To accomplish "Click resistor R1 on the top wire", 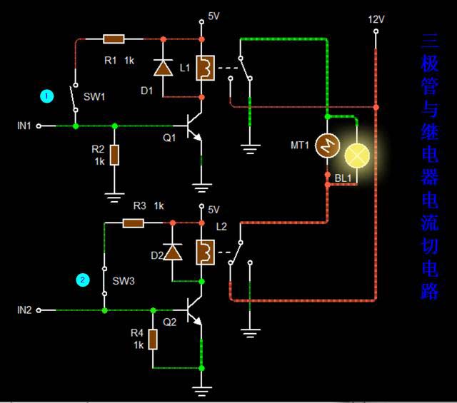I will click(x=114, y=39).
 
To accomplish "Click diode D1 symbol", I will click(x=164, y=68).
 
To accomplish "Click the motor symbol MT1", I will click(x=327, y=147).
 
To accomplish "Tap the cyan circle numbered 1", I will click(x=47, y=96).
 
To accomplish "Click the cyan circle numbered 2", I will click(x=83, y=280).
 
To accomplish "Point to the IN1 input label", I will click(x=24, y=126).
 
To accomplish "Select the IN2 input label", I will click(x=24, y=310).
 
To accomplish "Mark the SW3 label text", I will click(x=124, y=281).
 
